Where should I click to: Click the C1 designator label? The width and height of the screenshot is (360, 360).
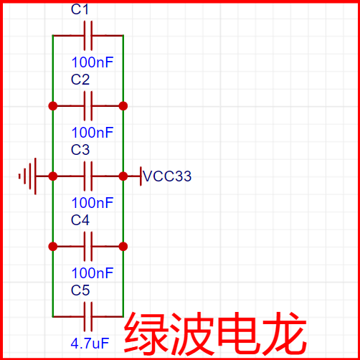coord(80,11)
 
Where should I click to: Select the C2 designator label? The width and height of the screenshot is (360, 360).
coord(80,80)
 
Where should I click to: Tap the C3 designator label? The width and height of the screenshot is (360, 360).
coord(80,150)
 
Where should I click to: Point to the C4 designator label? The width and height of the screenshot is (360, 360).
coord(80,220)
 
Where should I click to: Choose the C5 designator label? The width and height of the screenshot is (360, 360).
coord(80,290)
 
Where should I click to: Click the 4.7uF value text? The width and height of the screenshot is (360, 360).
coord(90,344)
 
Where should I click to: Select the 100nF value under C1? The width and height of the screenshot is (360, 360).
coord(93,62)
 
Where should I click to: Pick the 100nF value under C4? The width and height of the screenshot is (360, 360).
coord(93,273)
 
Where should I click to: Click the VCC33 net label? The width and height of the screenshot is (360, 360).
coord(167,176)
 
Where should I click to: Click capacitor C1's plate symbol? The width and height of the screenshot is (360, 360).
coord(88,34)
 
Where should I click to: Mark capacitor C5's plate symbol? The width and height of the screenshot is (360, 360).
coord(88,316)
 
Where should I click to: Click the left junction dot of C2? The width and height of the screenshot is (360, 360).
coord(52,105)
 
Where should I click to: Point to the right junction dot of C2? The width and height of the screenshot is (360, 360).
coord(123,105)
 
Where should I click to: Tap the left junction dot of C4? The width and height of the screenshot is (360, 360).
coord(52,246)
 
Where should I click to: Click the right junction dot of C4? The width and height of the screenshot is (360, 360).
coord(123,246)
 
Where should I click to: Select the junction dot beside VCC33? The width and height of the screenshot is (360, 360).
coord(123,176)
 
